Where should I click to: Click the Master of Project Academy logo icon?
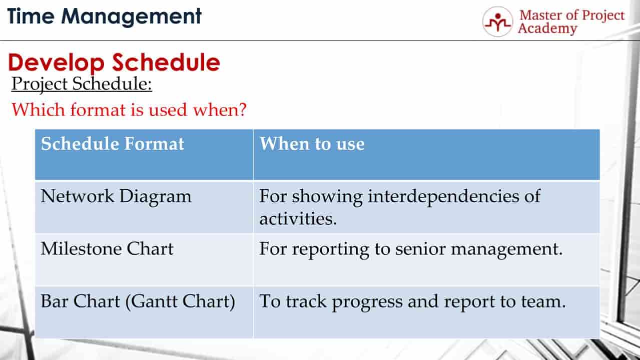click(x=497, y=22)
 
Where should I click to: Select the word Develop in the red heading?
click(x=57, y=63)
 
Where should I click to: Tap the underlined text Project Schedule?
click(x=82, y=84)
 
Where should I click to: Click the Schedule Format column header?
click(x=113, y=144)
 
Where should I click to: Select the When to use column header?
click(x=312, y=144)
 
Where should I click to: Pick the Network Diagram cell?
click(x=116, y=196)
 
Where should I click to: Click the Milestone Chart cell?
click(x=107, y=249)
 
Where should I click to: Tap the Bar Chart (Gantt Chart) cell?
click(x=138, y=302)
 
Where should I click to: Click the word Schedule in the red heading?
click(x=166, y=63)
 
